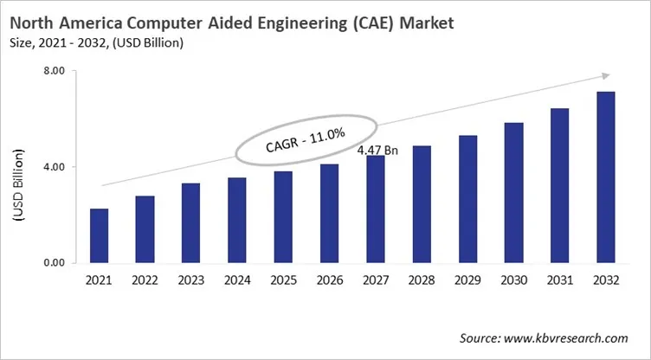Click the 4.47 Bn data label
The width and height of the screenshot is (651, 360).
(x=377, y=151)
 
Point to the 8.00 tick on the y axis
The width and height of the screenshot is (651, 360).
(x=54, y=72)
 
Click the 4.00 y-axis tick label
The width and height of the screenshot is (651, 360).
(x=54, y=167)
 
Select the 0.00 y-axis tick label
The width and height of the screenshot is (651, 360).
(x=54, y=262)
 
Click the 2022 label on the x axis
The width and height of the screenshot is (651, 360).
(x=145, y=280)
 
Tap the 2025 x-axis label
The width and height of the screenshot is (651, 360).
(x=282, y=280)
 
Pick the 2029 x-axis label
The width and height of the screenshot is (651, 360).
(x=468, y=280)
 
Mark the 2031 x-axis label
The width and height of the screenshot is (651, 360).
(x=560, y=280)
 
